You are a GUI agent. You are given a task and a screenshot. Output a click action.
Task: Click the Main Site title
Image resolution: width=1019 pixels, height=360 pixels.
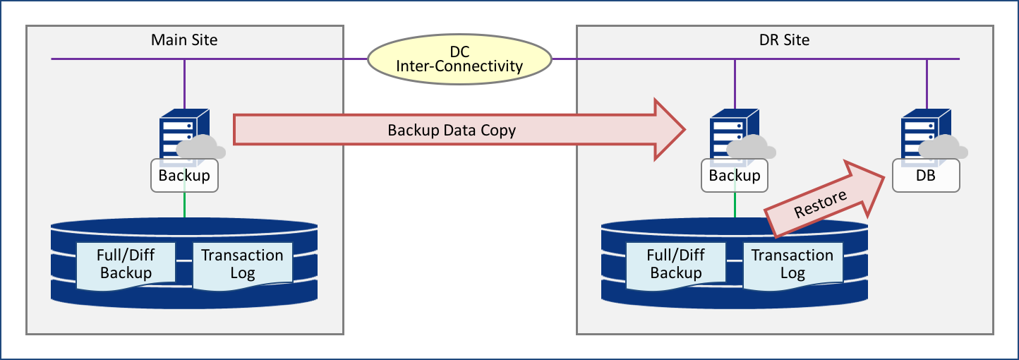pyautogui.click(x=184, y=40)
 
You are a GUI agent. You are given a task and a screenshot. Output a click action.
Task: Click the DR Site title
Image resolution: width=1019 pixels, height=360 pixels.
pyautogui.click(x=779, y=40)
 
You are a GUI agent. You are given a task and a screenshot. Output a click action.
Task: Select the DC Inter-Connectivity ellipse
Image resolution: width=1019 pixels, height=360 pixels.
pyautogui.click(x=459, y=59)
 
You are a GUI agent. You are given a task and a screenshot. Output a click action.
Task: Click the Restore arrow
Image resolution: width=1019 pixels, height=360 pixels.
pyautogui.click(x=822, y=200)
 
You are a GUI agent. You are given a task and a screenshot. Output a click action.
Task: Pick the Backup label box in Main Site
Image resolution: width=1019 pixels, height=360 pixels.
pyautogui.click(x=184, y=176)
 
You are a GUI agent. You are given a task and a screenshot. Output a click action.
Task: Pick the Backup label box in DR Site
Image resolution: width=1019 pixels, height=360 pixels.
pyautogui.click(x=735, y=176)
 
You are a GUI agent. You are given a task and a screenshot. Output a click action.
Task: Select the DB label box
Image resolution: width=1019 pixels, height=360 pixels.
pyautogui.click(x=926, y=176)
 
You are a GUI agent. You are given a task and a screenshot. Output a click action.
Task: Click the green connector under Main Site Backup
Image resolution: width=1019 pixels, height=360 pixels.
pyautogui.click(x=184, y=205)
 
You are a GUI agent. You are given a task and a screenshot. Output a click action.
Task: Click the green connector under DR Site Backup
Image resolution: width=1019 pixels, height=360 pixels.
pyautogui.click(x=735, y=205)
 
